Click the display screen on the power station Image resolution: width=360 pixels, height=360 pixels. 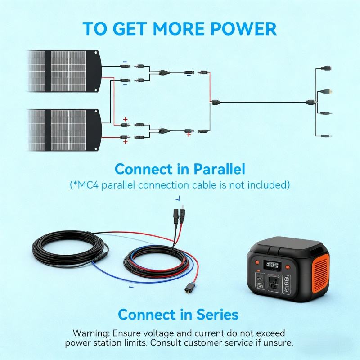pos(272,265)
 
